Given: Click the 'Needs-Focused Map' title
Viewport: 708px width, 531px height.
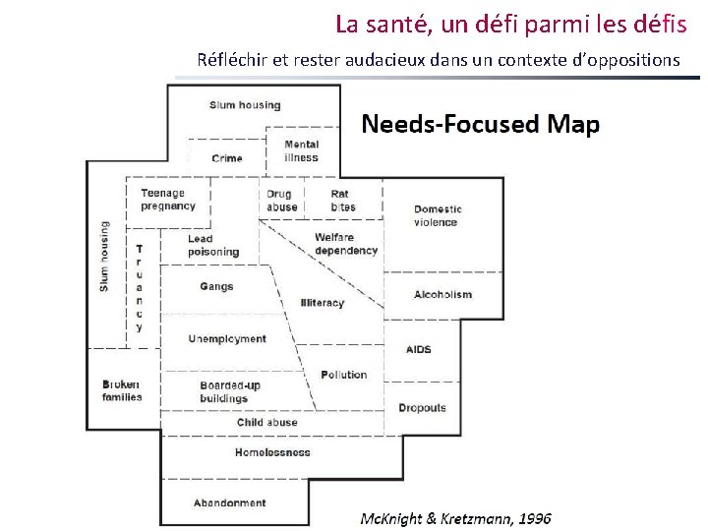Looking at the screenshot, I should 480,124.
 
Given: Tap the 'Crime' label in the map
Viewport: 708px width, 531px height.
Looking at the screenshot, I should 226,158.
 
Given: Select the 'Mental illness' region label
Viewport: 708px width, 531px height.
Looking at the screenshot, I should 301,151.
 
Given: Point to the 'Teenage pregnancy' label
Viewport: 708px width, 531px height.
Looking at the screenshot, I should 168,200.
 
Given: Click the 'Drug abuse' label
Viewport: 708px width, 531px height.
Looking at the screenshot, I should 281,201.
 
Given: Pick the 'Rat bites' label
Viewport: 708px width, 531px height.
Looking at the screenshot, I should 342,201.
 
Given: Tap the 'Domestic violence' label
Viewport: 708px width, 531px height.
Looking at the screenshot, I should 438,215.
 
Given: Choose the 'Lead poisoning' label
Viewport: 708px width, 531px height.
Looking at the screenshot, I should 212,245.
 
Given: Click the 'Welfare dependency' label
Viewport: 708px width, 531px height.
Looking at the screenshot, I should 345,244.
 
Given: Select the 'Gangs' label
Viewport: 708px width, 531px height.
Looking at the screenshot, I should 216,287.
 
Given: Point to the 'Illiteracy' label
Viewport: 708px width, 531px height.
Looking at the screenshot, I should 323,303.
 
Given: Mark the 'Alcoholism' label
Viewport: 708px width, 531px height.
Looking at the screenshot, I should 442,294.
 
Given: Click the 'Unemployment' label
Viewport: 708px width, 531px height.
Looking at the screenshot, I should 227,339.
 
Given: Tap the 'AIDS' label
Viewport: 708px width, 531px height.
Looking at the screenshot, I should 418,349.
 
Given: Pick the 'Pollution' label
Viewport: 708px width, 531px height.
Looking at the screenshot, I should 343,375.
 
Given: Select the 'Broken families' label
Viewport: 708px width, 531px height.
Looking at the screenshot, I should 122,390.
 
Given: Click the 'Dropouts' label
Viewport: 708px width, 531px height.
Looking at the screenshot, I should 422,408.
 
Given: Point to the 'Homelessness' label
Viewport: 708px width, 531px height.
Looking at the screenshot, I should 272,452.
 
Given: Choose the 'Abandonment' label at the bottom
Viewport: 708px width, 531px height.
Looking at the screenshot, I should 229,502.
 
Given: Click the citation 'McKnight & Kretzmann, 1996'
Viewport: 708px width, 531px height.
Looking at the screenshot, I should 455,518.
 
